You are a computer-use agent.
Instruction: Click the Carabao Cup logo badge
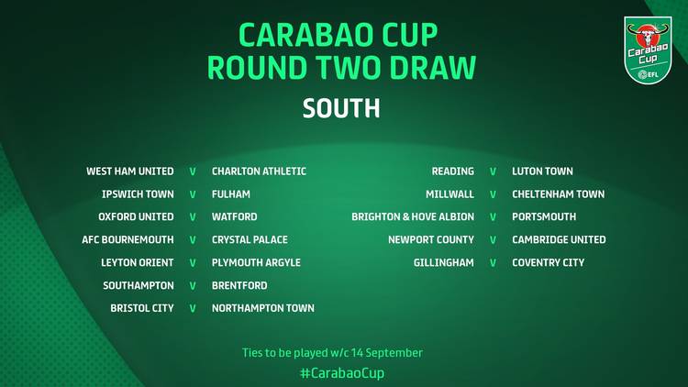(648, 50)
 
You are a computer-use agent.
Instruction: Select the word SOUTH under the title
(341, 108)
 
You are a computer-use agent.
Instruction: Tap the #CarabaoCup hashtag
(342, 373)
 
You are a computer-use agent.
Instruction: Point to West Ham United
(130, 171)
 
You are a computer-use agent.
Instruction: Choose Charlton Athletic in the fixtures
(259, 171)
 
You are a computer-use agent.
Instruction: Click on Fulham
(231, 193)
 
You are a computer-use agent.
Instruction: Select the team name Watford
(234, 216)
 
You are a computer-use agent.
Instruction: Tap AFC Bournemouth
(128, 239)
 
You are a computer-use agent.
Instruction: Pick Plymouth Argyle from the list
(256, 262)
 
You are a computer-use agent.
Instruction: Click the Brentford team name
(239, 285)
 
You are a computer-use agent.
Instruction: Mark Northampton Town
(263, 308)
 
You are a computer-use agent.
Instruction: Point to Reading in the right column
(453, 171)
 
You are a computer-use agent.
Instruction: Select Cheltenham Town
(558, 193)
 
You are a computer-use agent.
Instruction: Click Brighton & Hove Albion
(413, 216)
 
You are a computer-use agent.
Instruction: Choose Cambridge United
(559, 239)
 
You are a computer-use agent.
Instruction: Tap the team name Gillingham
(444, 262)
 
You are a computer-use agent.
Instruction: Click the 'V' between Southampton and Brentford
(193, 285)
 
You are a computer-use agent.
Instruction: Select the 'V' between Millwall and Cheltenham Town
(493, 194)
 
